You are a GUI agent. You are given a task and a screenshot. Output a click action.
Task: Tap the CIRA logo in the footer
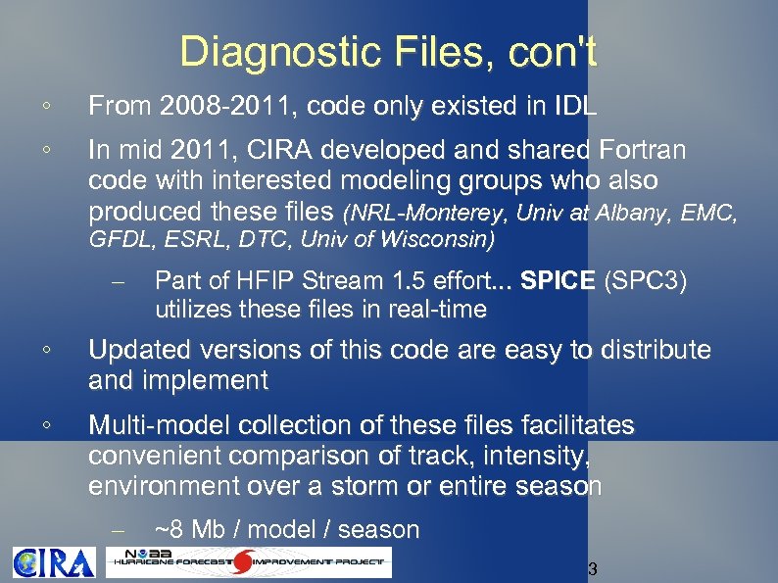pos(54,562)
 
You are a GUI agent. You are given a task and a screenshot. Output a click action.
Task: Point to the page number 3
pos(592,570)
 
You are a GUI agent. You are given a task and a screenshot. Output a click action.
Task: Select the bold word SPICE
pos(559,280)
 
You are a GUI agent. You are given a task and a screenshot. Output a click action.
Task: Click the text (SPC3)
pos(647,280)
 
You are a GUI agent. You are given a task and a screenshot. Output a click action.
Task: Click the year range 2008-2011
pos(222,107)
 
